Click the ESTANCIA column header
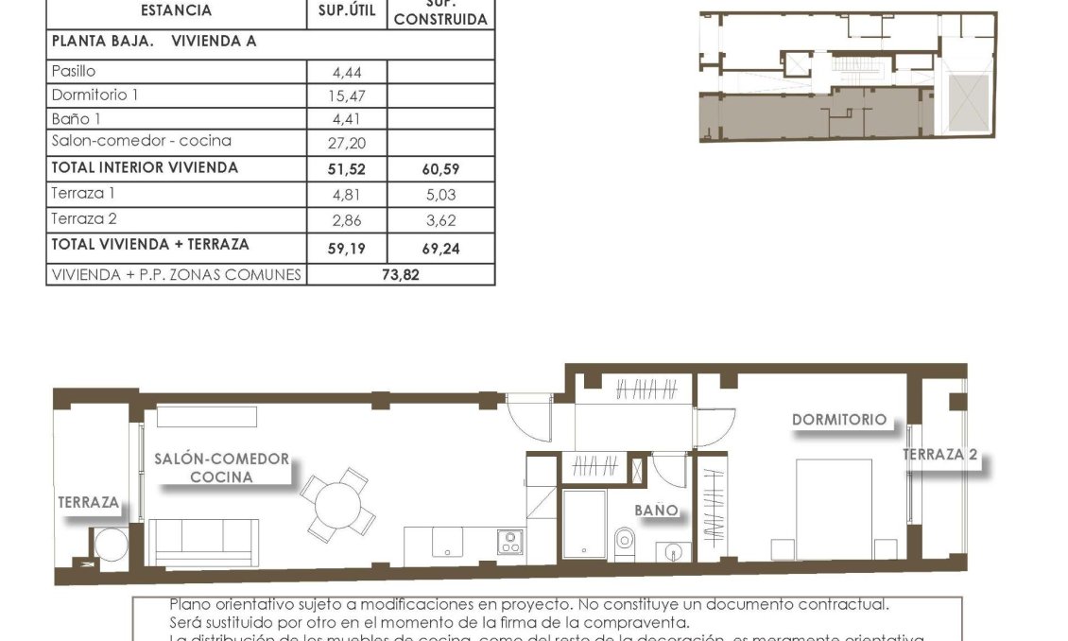click(x=176, y=11)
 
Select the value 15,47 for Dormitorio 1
click(x=347, y=95)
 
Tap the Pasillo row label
click(x=74, y=71)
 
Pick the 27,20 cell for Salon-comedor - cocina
click(x=347, y=144)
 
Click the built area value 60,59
click(x=439, y=170)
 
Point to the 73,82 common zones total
click(x=400, y=275)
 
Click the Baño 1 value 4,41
click(x=347, y=119)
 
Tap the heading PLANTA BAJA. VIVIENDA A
click(x=154, y=42)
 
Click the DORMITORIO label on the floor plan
click(x=838, y=420)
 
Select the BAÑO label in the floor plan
click(x=656, y=510)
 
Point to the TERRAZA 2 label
click(x=939, y=455)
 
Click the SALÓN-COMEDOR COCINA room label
click(x=221, y=468)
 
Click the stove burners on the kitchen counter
click(x=510, y=542)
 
